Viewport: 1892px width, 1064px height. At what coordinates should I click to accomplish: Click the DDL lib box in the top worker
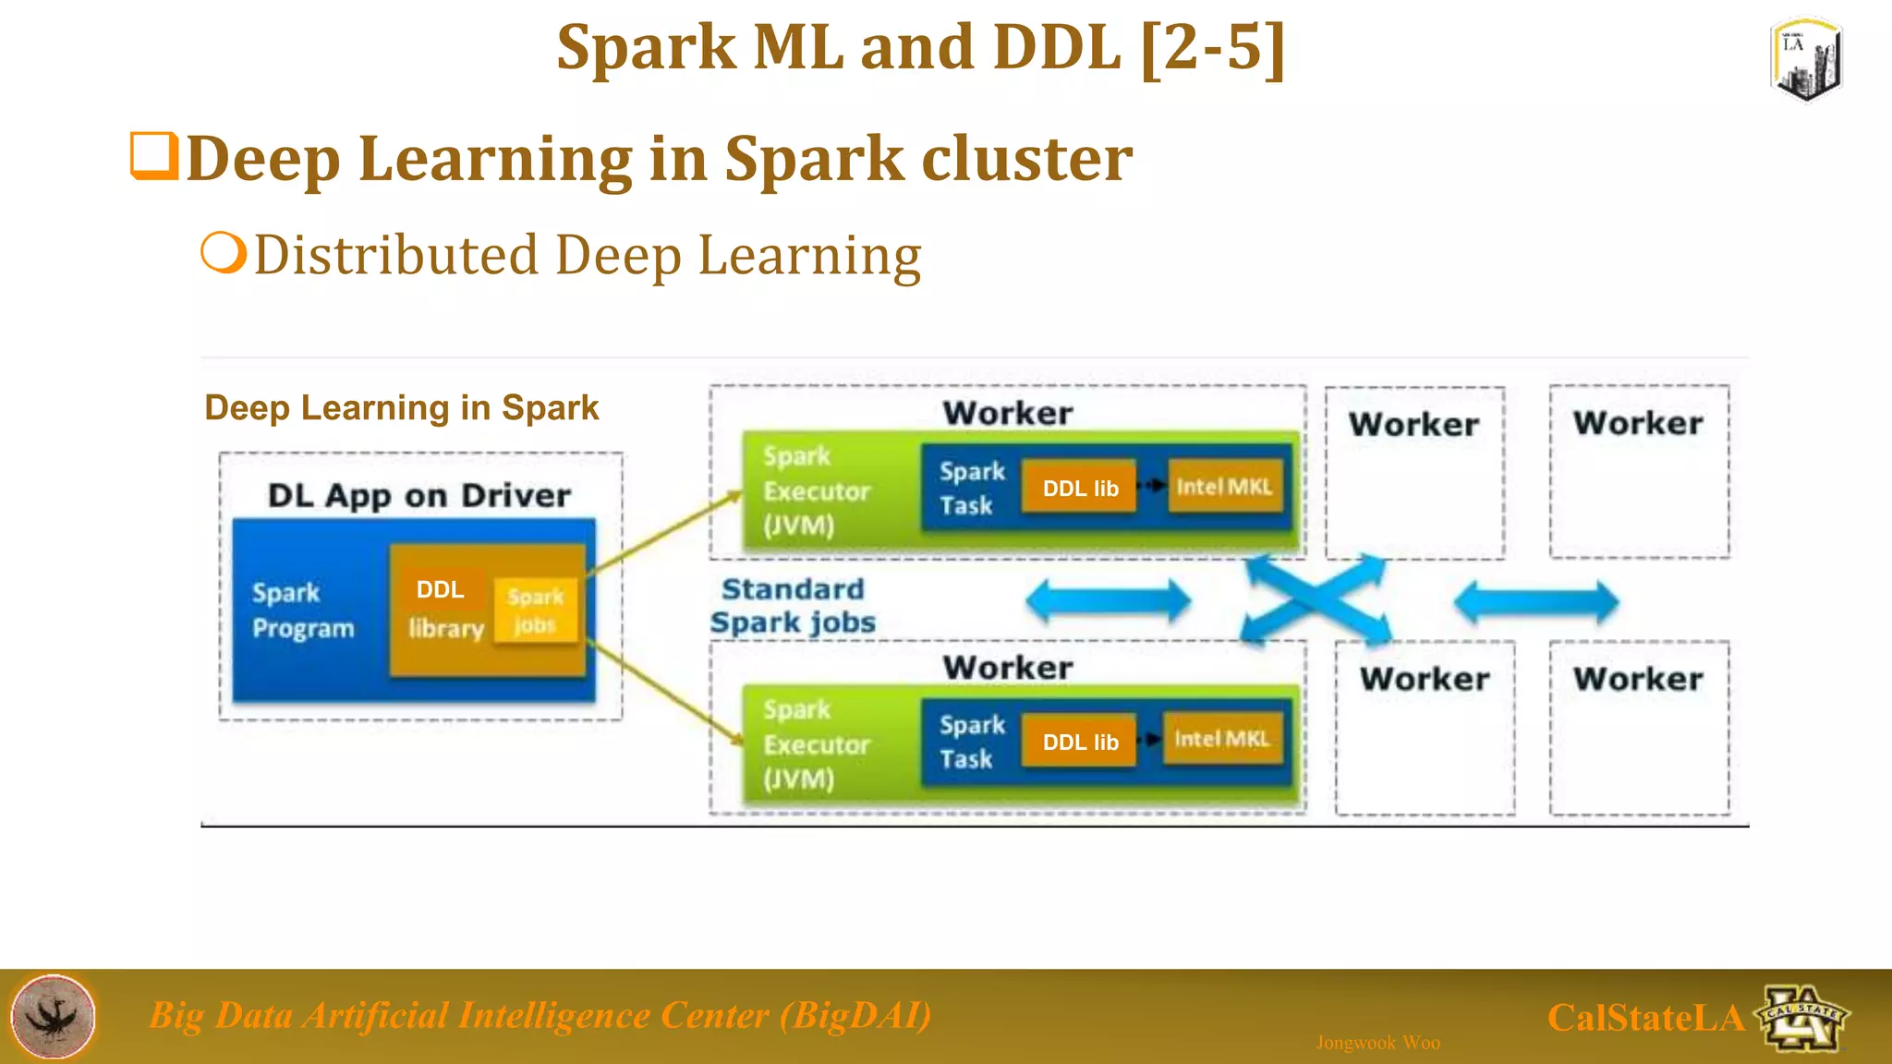[1079, 488]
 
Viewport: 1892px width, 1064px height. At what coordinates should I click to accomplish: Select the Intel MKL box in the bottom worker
[1222, 739]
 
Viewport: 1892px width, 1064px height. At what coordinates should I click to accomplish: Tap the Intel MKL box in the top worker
[1224, 486]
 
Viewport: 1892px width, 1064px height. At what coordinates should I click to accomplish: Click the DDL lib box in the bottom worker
[1079, 742]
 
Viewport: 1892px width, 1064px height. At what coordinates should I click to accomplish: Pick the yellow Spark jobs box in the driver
[536, 610]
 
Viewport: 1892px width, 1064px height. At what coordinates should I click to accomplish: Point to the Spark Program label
[303, 610]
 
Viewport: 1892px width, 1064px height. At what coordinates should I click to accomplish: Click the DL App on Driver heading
[419, 496]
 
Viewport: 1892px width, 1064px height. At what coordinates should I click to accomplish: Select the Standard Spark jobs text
[793, 606]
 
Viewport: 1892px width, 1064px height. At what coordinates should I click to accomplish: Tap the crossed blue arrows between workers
[1316, 600]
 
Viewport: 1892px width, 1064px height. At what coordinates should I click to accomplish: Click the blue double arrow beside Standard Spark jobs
[1109, 602]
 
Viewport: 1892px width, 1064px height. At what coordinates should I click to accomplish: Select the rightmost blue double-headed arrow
[1535, 602]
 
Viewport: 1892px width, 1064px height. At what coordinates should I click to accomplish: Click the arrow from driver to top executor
[665, 533]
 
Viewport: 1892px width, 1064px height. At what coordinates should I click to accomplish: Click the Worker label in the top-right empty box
[1638, 423]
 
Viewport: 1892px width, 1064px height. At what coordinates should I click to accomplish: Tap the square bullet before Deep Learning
[152, 156]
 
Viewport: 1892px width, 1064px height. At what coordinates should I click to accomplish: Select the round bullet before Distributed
[224, 252]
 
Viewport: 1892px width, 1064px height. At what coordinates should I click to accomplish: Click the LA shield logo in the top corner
[1807, 59]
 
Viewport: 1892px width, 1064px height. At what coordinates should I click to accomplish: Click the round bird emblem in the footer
[54, 1016]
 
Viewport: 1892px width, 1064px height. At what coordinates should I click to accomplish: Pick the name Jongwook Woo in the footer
[1377, 1043]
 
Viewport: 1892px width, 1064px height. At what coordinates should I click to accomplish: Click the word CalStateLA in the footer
[1645, 1018]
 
